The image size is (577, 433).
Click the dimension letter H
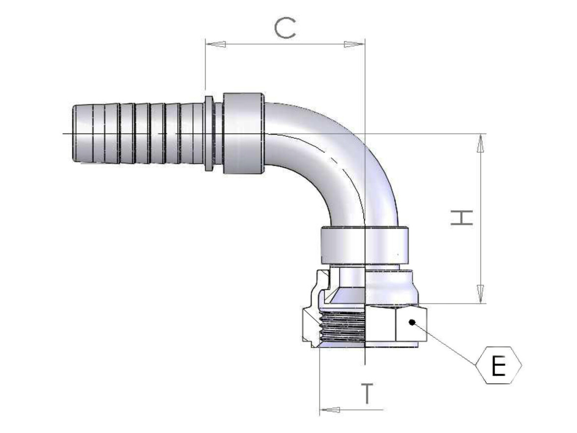462,218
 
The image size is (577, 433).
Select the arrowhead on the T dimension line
330,409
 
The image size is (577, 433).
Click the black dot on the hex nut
411,322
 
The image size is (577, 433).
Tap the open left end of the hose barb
74,133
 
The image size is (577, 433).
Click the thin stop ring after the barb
209,133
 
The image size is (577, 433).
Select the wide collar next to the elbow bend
243,133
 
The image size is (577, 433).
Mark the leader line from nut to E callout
447,344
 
